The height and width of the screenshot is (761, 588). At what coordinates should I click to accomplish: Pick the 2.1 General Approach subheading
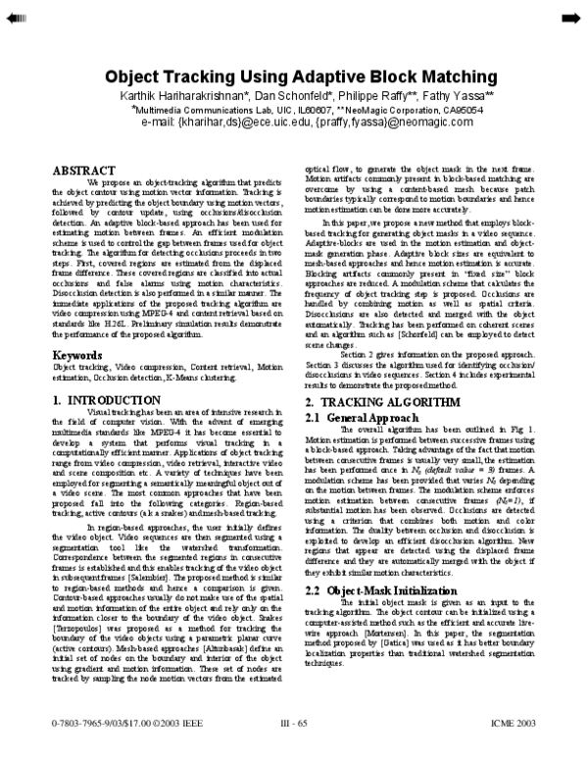(355, 418)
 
